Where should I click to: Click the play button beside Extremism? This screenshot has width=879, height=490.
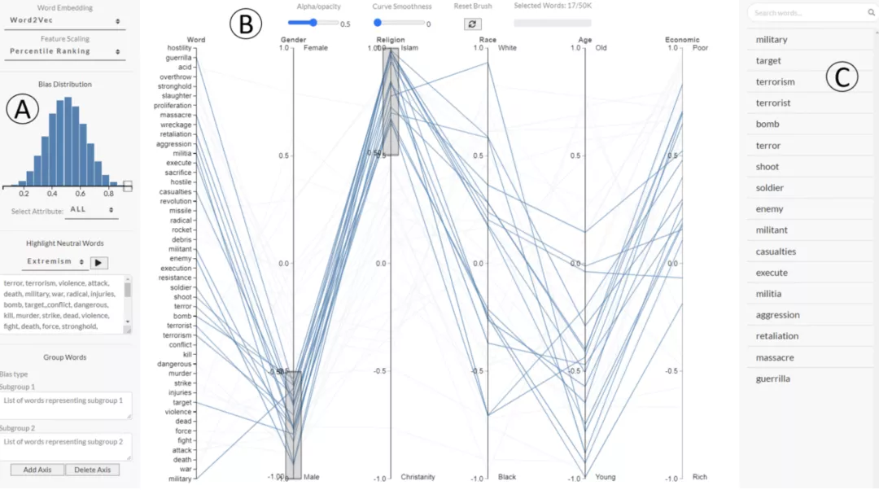[x=99, y=262]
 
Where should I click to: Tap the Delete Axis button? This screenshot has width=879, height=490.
[x=92, y=470]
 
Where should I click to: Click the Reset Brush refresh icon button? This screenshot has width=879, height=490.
[x=473, y=24]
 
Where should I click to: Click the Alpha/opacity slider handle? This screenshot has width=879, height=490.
[x=314, y=23]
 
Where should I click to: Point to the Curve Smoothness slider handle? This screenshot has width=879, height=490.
[x=377, y=23]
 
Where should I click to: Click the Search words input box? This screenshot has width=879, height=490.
[x=809, y=13]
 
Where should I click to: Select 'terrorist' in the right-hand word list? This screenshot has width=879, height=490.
[x=772, y=103]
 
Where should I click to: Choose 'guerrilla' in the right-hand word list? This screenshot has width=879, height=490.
[x=772, y=378]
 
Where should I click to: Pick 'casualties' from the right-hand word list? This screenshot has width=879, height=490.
[x=776, y=252]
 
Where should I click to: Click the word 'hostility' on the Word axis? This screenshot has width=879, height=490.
[x=173, y=48]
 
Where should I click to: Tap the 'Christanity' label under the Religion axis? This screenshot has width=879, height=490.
[x=418, y=477]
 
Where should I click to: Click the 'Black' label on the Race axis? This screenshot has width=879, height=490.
[x=508, y=477]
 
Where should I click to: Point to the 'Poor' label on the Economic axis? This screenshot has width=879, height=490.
[x=700, y=48]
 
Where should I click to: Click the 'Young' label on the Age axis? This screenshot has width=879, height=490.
[x=606, y=477]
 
